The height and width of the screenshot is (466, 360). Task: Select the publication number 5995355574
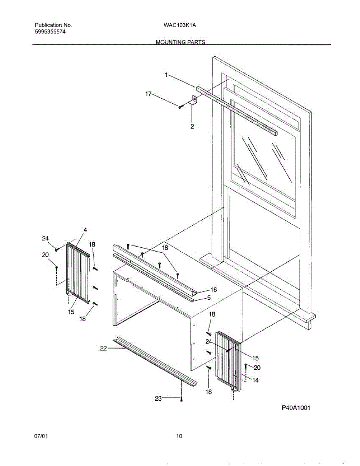[50, 32]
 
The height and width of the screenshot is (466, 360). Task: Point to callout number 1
[166, 75]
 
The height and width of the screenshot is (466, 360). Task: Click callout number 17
[148, 94]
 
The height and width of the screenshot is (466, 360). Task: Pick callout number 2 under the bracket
[192, 126]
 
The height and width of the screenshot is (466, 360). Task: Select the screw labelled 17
[181, 106]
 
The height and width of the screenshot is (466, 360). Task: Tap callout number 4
[85, 230]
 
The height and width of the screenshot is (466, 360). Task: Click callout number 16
[213, 290]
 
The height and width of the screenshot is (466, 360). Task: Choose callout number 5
[209, 298]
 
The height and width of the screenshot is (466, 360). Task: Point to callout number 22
[103, 348]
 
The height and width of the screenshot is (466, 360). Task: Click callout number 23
[158, 398]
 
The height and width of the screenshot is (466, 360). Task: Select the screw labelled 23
[181, 398]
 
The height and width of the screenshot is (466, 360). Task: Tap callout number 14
[255, 381]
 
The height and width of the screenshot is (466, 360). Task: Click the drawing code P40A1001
[296, 408]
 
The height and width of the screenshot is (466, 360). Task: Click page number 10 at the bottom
[179, 436]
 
